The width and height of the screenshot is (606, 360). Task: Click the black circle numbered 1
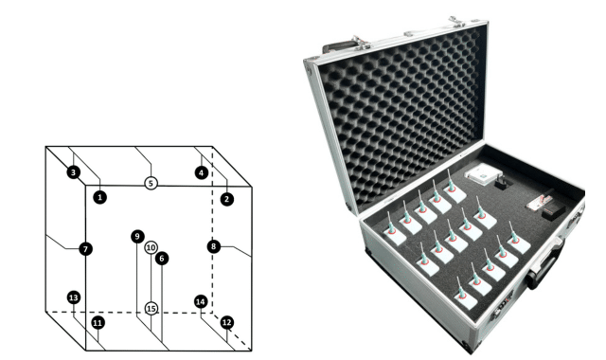99,197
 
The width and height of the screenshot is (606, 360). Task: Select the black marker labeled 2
227,199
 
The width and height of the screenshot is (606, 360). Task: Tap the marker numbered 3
74,172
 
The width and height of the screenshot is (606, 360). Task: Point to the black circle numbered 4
201,172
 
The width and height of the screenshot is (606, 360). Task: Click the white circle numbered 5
151,183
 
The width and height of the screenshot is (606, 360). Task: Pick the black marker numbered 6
162,259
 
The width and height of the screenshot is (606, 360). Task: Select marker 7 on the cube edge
85,248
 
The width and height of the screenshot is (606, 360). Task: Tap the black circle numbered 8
214,246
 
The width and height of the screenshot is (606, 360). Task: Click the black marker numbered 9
137,236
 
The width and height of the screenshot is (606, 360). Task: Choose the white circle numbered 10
151,247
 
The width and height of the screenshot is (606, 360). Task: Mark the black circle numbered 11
98,322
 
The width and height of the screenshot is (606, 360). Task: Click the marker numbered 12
227,322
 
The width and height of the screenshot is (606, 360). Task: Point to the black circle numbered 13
74,297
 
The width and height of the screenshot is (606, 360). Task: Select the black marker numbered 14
201,301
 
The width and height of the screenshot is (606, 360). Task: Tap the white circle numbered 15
151,309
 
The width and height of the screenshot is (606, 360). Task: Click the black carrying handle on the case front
545,265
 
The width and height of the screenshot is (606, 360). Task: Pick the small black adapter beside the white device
503,183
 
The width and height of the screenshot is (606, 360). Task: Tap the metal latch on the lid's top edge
456,21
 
